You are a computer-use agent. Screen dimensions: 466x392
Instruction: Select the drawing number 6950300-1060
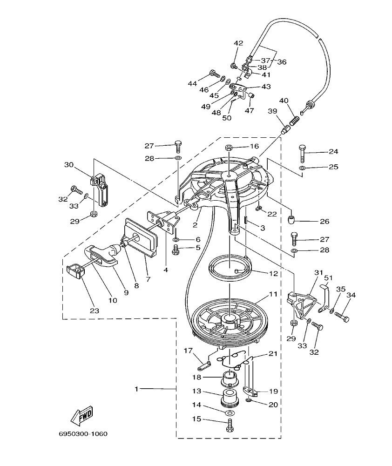(83, 434)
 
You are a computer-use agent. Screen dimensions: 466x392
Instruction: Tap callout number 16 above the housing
(254, 146)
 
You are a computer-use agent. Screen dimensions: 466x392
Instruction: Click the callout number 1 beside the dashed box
(136, 388)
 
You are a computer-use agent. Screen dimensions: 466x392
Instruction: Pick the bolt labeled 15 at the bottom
(229, 425)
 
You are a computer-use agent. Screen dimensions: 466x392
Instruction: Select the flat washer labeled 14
(229, 413)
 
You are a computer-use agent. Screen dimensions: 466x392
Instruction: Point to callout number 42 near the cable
(238, 43)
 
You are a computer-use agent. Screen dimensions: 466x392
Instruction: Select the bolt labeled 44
(215, 73)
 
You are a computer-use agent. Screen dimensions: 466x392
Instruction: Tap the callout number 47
(250, 111)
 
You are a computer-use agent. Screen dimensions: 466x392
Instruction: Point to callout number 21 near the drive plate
(273, 354)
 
